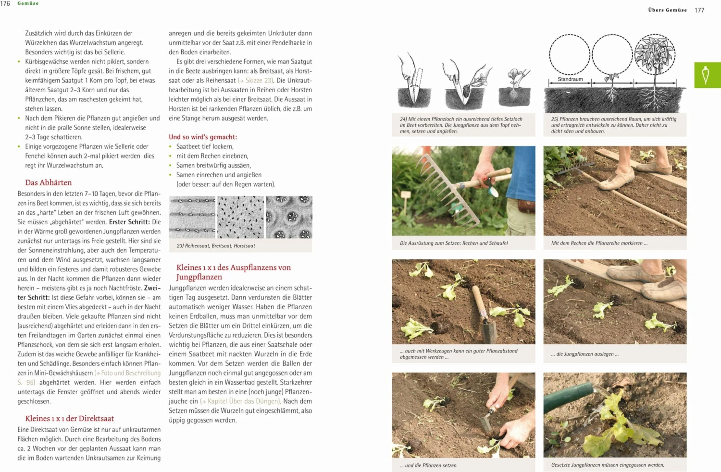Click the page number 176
(5, 3)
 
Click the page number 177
(699, 10)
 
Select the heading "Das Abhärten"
(49, 182)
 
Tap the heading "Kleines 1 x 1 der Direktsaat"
(70, 418)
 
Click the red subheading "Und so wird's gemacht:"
(203, 137)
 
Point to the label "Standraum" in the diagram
(570, 79)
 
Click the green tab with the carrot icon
(707, 75)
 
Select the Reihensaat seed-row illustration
(192, 217)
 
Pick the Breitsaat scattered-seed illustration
(240, 217)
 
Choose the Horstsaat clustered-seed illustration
(289, 217)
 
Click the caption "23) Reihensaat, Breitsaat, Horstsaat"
(216, 246)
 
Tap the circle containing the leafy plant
(655, 55)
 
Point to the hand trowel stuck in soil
(483, 312)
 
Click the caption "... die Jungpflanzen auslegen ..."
(585, 354)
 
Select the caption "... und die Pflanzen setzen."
(428, 465)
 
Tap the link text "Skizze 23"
(259, 81)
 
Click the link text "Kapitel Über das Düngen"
(243, 401)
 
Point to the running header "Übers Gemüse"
(667, 10)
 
